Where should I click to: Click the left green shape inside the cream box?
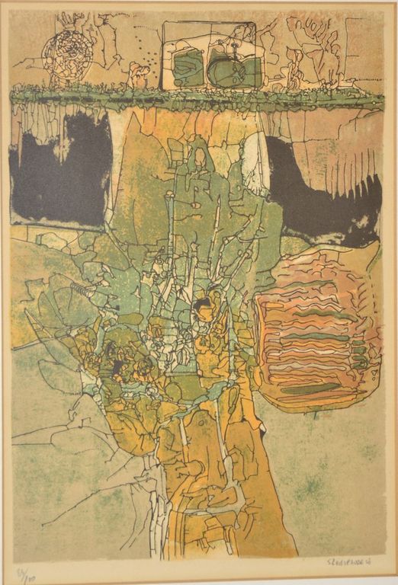188,69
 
